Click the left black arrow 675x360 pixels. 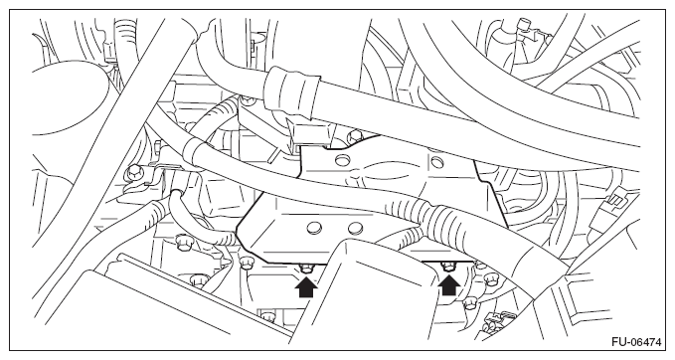[x=306, y=287]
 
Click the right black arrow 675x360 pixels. [x=448, y=285]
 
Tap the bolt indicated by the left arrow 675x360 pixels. [x=306, y=269]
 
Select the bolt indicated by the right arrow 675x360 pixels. [x=449, y=267]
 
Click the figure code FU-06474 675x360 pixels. [x=636, y=342]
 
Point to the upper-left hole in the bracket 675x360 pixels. [x=341, y=161]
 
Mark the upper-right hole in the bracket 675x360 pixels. [x=436, y=162]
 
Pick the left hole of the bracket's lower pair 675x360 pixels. [x=315, y=228]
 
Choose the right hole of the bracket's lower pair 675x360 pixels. [x=355, y=228]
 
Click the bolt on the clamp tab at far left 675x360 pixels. [x=132, y=172]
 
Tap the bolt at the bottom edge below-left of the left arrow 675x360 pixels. [x=267, y=316]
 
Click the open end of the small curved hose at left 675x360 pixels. [x=175, y=195]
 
